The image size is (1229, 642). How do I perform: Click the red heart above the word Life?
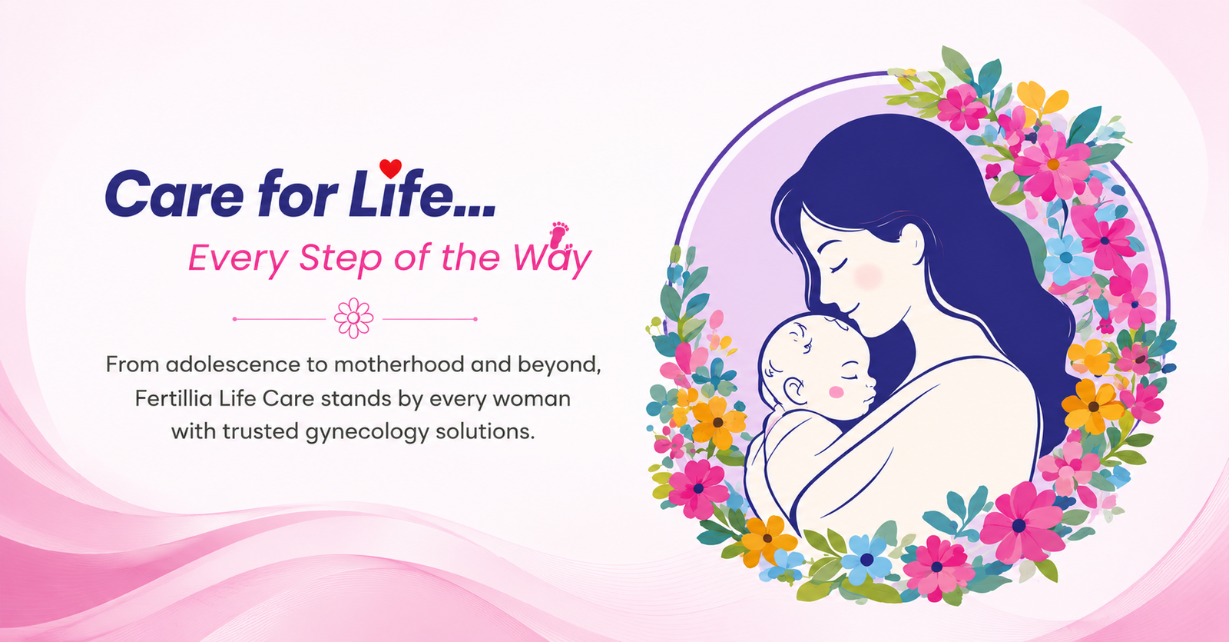[x=391, y=168]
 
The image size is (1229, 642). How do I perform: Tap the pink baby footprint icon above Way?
[x=560, y=235]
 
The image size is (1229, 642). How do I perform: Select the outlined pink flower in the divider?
[x=354, y=318]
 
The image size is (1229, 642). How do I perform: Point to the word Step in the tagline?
[x=340, y=258]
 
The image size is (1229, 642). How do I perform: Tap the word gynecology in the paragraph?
[x=367, y=432]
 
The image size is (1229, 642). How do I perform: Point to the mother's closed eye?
[x=839, y=266]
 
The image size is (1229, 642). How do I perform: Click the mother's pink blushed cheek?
[x=868, y=276]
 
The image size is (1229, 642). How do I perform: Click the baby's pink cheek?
[x=836, y=391]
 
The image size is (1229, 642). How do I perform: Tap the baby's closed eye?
[x=850, y=378]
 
